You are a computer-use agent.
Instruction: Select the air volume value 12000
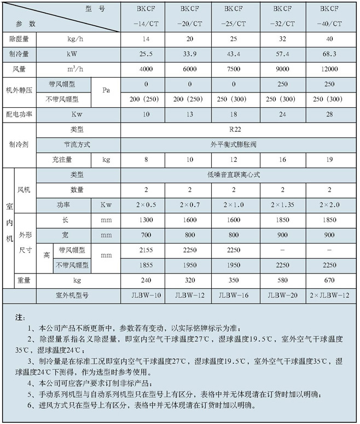click(x=330, y=69)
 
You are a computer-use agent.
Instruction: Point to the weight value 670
click(x=330, y=280)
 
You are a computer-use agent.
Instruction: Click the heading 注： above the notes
click(x=20, y=317)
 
